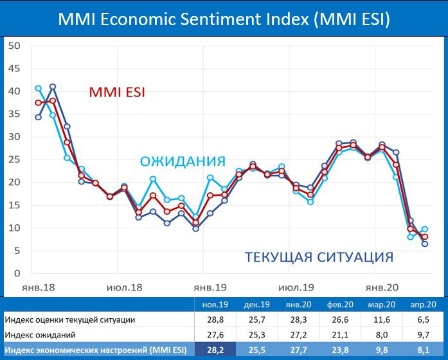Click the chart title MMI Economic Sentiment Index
(x=224, y=19)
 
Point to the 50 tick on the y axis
(x=14, y=46)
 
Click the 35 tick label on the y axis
(x=14, y=114)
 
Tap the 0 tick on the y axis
(x=17, y=273)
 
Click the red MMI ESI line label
(x=117, y=93)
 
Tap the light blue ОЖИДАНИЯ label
(x=183, y=161)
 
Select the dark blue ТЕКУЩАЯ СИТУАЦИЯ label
(x=319, y=258)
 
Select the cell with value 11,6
(x=382, y=319)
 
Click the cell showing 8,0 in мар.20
(x=382, y=334)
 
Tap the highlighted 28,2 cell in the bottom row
(x=215, y=350)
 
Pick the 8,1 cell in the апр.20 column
(x=423, y=350)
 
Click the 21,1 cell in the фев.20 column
(x=340, y=334)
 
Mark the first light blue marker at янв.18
(x=38, y=88)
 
